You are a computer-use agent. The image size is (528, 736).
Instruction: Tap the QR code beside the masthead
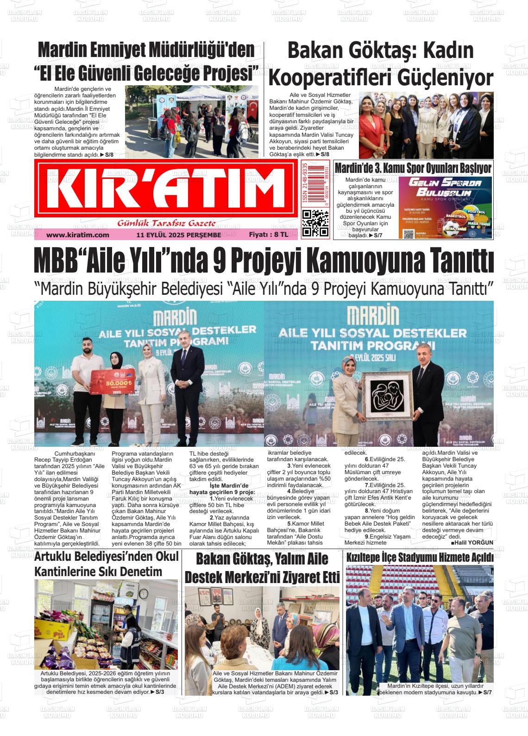point(315,223)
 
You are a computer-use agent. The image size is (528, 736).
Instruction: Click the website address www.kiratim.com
point(77,235)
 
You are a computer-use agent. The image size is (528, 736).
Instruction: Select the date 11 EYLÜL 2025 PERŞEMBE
point(179,235)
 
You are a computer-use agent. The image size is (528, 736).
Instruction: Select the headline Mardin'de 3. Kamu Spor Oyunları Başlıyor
point(413,168)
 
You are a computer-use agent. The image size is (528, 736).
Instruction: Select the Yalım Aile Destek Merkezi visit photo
point(262,628)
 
